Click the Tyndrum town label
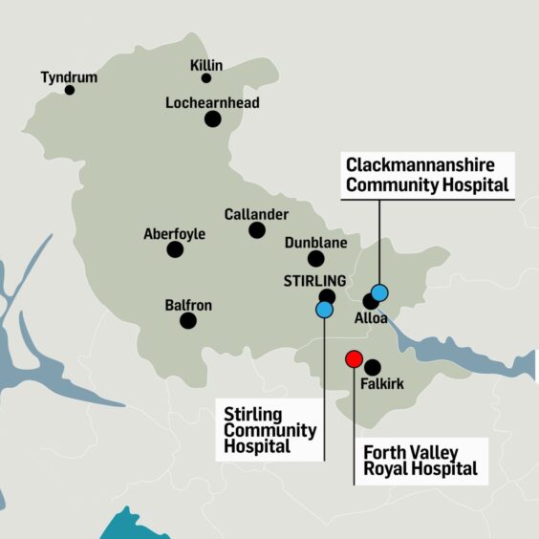tap(70, 75)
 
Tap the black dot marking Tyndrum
tap(70, 90)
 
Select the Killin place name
tap(206, 65)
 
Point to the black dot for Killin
tap(206, 78)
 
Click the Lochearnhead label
tap(212, 103)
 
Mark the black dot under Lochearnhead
tap(212, 119)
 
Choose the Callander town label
tap(256, 214)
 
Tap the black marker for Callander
tap(256, 230)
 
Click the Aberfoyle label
tap(174, 234)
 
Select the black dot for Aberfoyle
tap(175, 249)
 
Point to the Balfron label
tap(188, 306)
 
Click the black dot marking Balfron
tap(188, 321)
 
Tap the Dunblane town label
tap(315, 243)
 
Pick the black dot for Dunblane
tap(315, 259)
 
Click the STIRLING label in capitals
tap(314, 281)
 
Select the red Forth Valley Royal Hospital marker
tap(354, 359)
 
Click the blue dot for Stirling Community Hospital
tap(325, 309)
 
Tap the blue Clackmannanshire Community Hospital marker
tap(379, 292)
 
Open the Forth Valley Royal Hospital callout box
tap(420, 461)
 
